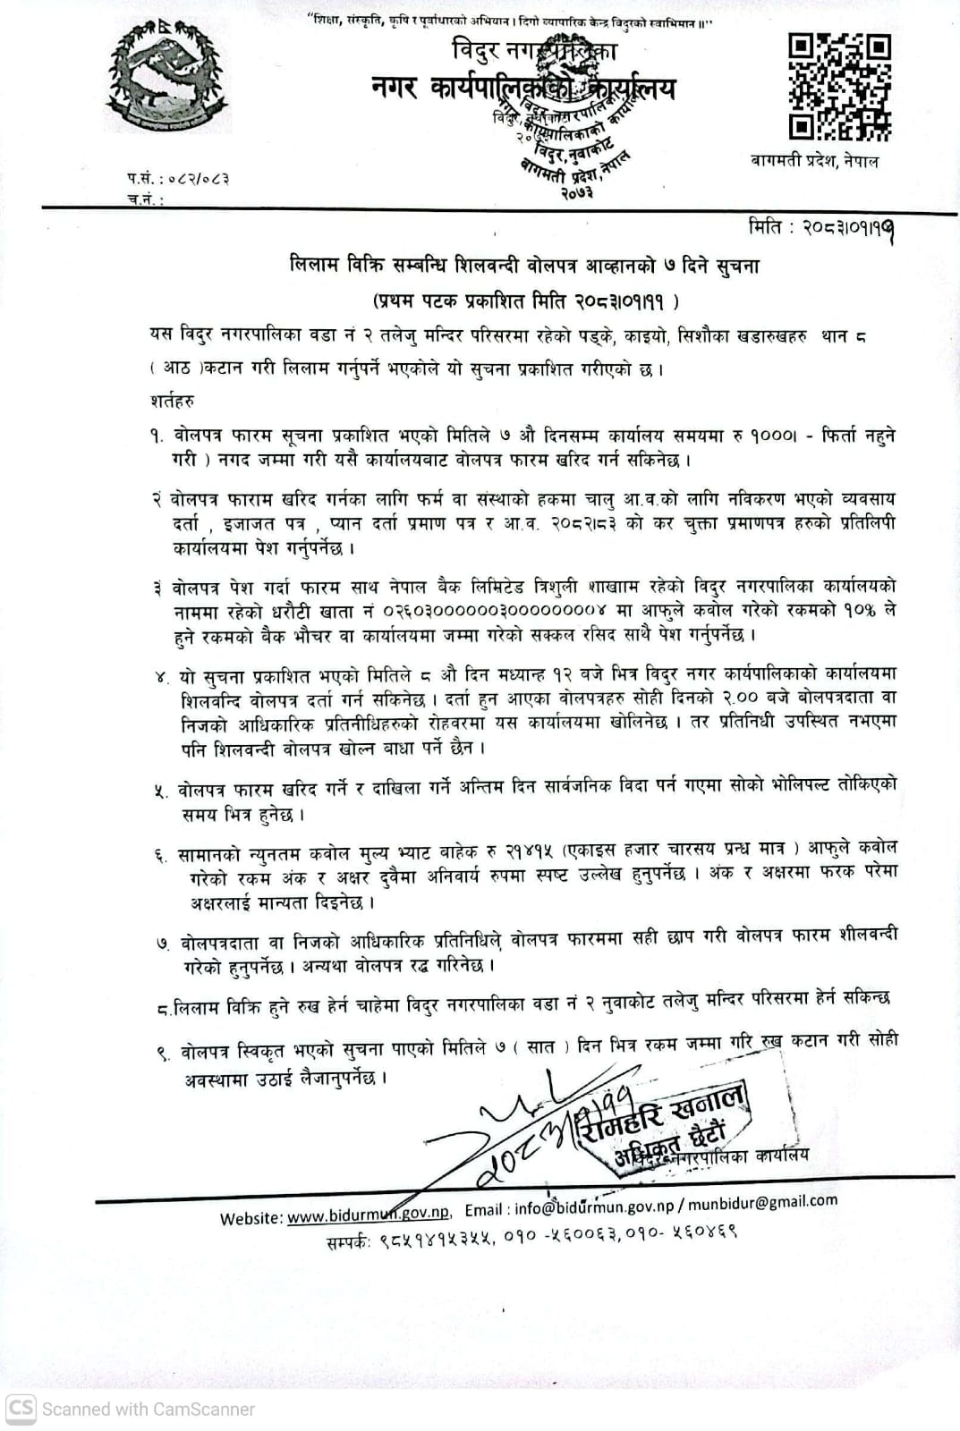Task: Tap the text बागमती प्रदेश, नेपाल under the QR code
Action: (815, 161)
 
